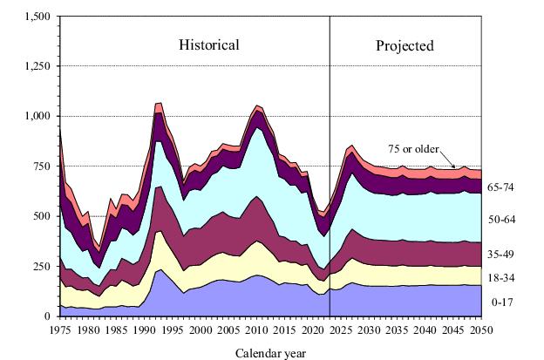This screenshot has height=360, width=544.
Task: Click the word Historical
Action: coord(209,44)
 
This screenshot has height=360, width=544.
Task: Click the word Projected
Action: coord(405,45)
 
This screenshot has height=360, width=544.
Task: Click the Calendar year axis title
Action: coord(272,353)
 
